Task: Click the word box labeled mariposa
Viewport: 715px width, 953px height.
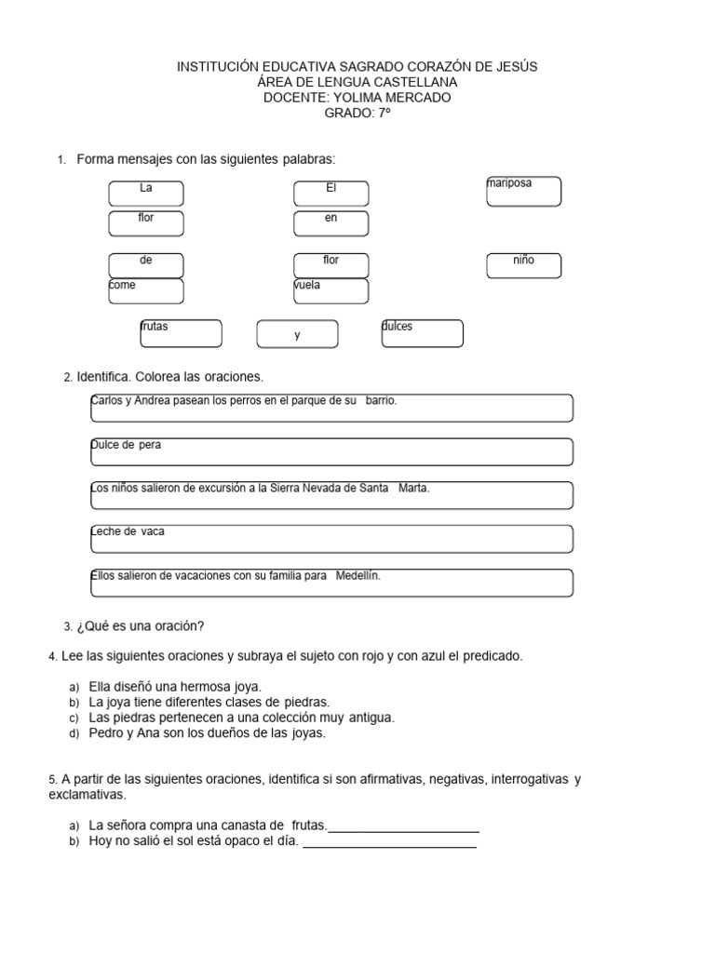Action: (x=523, y=192)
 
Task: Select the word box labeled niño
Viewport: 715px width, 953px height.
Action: (x=523, y=265)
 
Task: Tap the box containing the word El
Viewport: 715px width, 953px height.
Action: (x=331, y=193)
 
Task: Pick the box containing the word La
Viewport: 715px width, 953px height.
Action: (x=146, y=193)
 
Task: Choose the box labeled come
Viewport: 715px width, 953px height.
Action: (x=146, y=291)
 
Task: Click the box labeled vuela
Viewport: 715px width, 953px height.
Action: (x=331, y=291)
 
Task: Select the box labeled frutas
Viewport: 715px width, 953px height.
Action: (x=181, y=333)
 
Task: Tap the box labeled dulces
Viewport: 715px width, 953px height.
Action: (x=422, y=333)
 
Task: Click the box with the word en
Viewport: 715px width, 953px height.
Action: (x=331, y=223)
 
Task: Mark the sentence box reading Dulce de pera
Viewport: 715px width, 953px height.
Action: (x=331, y=451)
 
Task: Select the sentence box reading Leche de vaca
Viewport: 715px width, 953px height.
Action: (x=331, y=538)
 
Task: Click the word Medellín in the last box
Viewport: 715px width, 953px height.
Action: (x=358, y=576)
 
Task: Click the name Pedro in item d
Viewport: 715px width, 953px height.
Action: (x=105, y=733)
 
